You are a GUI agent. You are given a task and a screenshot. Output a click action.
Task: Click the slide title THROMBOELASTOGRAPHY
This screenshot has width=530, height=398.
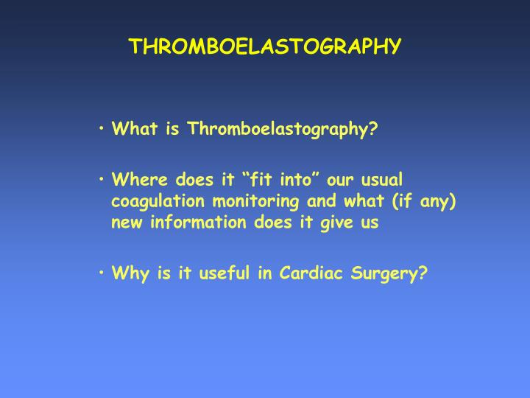pos(265,46)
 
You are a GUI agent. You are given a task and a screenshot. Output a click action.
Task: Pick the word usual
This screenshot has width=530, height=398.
pos(381,180)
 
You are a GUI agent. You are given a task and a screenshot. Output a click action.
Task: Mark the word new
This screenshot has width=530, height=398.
pos(126,223)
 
